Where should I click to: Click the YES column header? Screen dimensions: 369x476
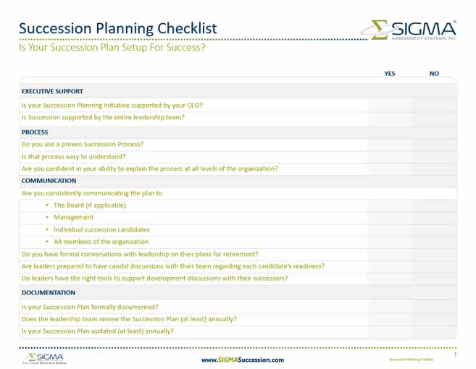tap(390, 73)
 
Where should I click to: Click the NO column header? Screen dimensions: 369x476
tap(434, 73)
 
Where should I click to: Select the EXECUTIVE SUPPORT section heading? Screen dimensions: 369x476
tap(52, 92)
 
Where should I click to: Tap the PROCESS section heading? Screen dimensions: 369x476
tap(35, 132)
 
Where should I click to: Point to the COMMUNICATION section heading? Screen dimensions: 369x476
tap(49, 181)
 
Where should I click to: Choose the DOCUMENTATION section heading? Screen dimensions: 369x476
tap(48, 293)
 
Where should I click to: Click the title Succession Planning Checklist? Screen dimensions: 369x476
tap(117, 28)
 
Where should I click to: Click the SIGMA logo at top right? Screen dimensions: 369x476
tap(409, 30)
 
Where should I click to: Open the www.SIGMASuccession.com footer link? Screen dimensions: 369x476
tap(242, 360)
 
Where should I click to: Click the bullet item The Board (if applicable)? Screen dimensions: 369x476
tap(90, 205)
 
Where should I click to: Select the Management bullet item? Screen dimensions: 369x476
tap(74, 217)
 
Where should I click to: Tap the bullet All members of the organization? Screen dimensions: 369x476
tap(101, 242)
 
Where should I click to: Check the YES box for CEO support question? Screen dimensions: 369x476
tap(390, 105)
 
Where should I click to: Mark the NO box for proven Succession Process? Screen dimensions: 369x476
tap(434, 144)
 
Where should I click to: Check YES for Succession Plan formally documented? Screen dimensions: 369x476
tap(390, 307)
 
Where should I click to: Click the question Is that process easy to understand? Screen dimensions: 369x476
tap(74, 156)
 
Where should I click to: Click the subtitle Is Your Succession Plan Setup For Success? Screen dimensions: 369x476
tap(112, 48)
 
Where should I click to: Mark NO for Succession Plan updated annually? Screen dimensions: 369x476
tap(434, 331)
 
